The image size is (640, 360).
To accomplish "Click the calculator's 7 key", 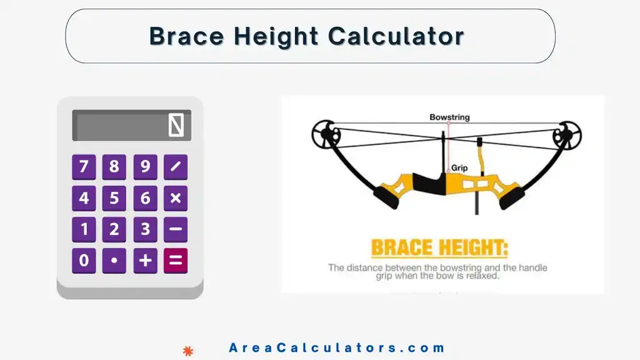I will point(84,167).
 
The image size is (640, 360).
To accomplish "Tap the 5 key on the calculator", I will point(114,199).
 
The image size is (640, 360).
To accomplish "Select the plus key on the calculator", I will point(145,261).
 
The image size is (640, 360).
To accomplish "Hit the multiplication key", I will point(176,199).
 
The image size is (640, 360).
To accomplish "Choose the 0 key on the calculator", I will point(84,261).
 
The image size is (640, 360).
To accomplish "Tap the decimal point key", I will point(114,261).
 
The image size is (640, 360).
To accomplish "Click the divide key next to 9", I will point(176,167).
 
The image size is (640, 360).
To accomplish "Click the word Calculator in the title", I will point(396,36).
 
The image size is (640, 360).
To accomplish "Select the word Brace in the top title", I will point(187,36).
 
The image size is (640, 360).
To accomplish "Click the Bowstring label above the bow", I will point(449,117).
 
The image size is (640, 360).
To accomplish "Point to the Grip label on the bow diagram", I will point(459,168).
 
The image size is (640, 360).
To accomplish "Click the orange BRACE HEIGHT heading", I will point(439,248).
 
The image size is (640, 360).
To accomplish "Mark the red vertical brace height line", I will point(448,147).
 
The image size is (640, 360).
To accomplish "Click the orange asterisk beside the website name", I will point(187,351).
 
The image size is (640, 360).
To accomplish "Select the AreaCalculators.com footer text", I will point(337,348).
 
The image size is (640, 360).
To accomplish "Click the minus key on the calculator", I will point(176,229).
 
